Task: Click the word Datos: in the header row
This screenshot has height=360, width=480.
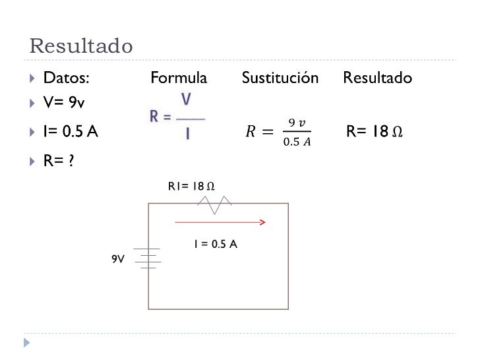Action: pyautogui.click(x=67, y=78)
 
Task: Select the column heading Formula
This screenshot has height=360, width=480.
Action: pyautogui.click(x=179, y=78)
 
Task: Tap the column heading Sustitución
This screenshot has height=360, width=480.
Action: pyautogui.click(x=280, y=78)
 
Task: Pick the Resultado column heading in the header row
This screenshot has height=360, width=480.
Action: pyautogui.click(x=378, y=78)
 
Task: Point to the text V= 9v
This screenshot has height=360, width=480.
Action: pyautogui.click(x=64, y=104)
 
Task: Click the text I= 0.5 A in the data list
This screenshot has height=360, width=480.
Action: pyautogui.click(x=71, y=132)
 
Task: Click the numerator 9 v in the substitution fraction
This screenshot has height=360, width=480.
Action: pyautogui.click(x=297, y=122)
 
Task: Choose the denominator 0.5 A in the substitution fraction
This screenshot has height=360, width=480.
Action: pyautogui.click(x=297, y=140)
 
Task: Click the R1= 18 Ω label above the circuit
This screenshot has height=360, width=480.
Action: pyautogui.click(x=191, y=187)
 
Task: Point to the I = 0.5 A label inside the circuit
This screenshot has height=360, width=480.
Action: pyautogui.click(x=215, y=244)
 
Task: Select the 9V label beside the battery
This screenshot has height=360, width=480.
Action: pyautogui.click(x=118, y=259)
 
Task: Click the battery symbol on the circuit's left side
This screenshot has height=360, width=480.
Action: pyautogui.click(x=148, y=259)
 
